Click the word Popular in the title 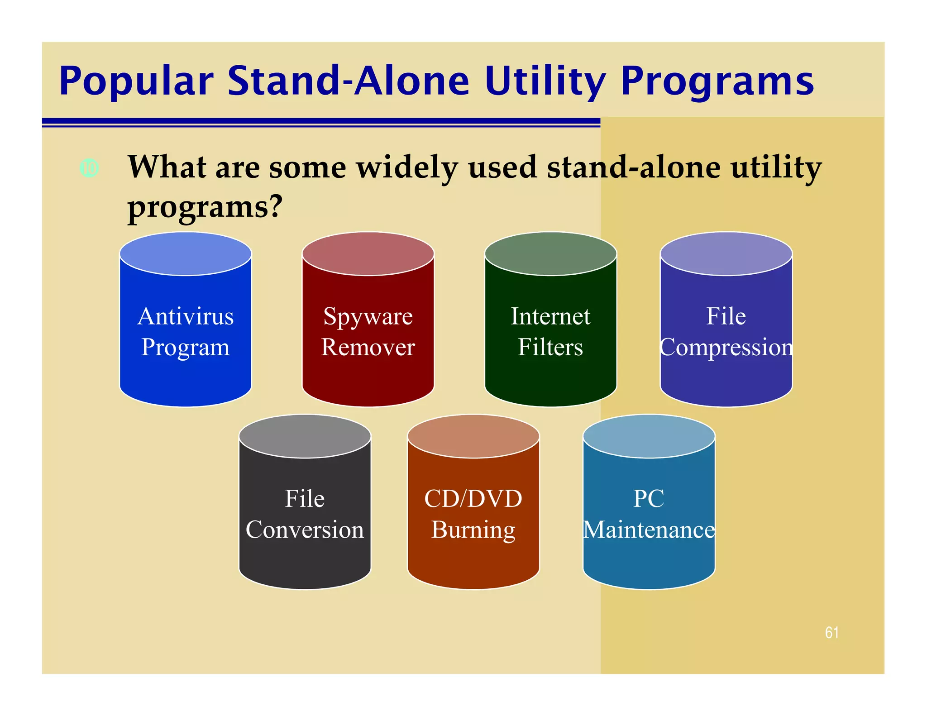[136, 81]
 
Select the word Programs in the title [717, 81]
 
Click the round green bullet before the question [89, 168]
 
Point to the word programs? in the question [205, 207]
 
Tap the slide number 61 [831, 632]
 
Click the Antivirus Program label [186, 331]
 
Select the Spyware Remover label [368, 331]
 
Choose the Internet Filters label [550, 331]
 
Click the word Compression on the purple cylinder [726, 348]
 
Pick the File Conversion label [305, 514]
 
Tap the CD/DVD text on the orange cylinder [473, 499]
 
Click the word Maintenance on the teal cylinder [649, 530]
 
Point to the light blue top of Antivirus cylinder [186, 254]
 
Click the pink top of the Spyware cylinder [368, 254]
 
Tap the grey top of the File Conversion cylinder [305, 436]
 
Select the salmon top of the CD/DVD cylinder [473, 436]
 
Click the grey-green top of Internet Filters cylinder [550, 254]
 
